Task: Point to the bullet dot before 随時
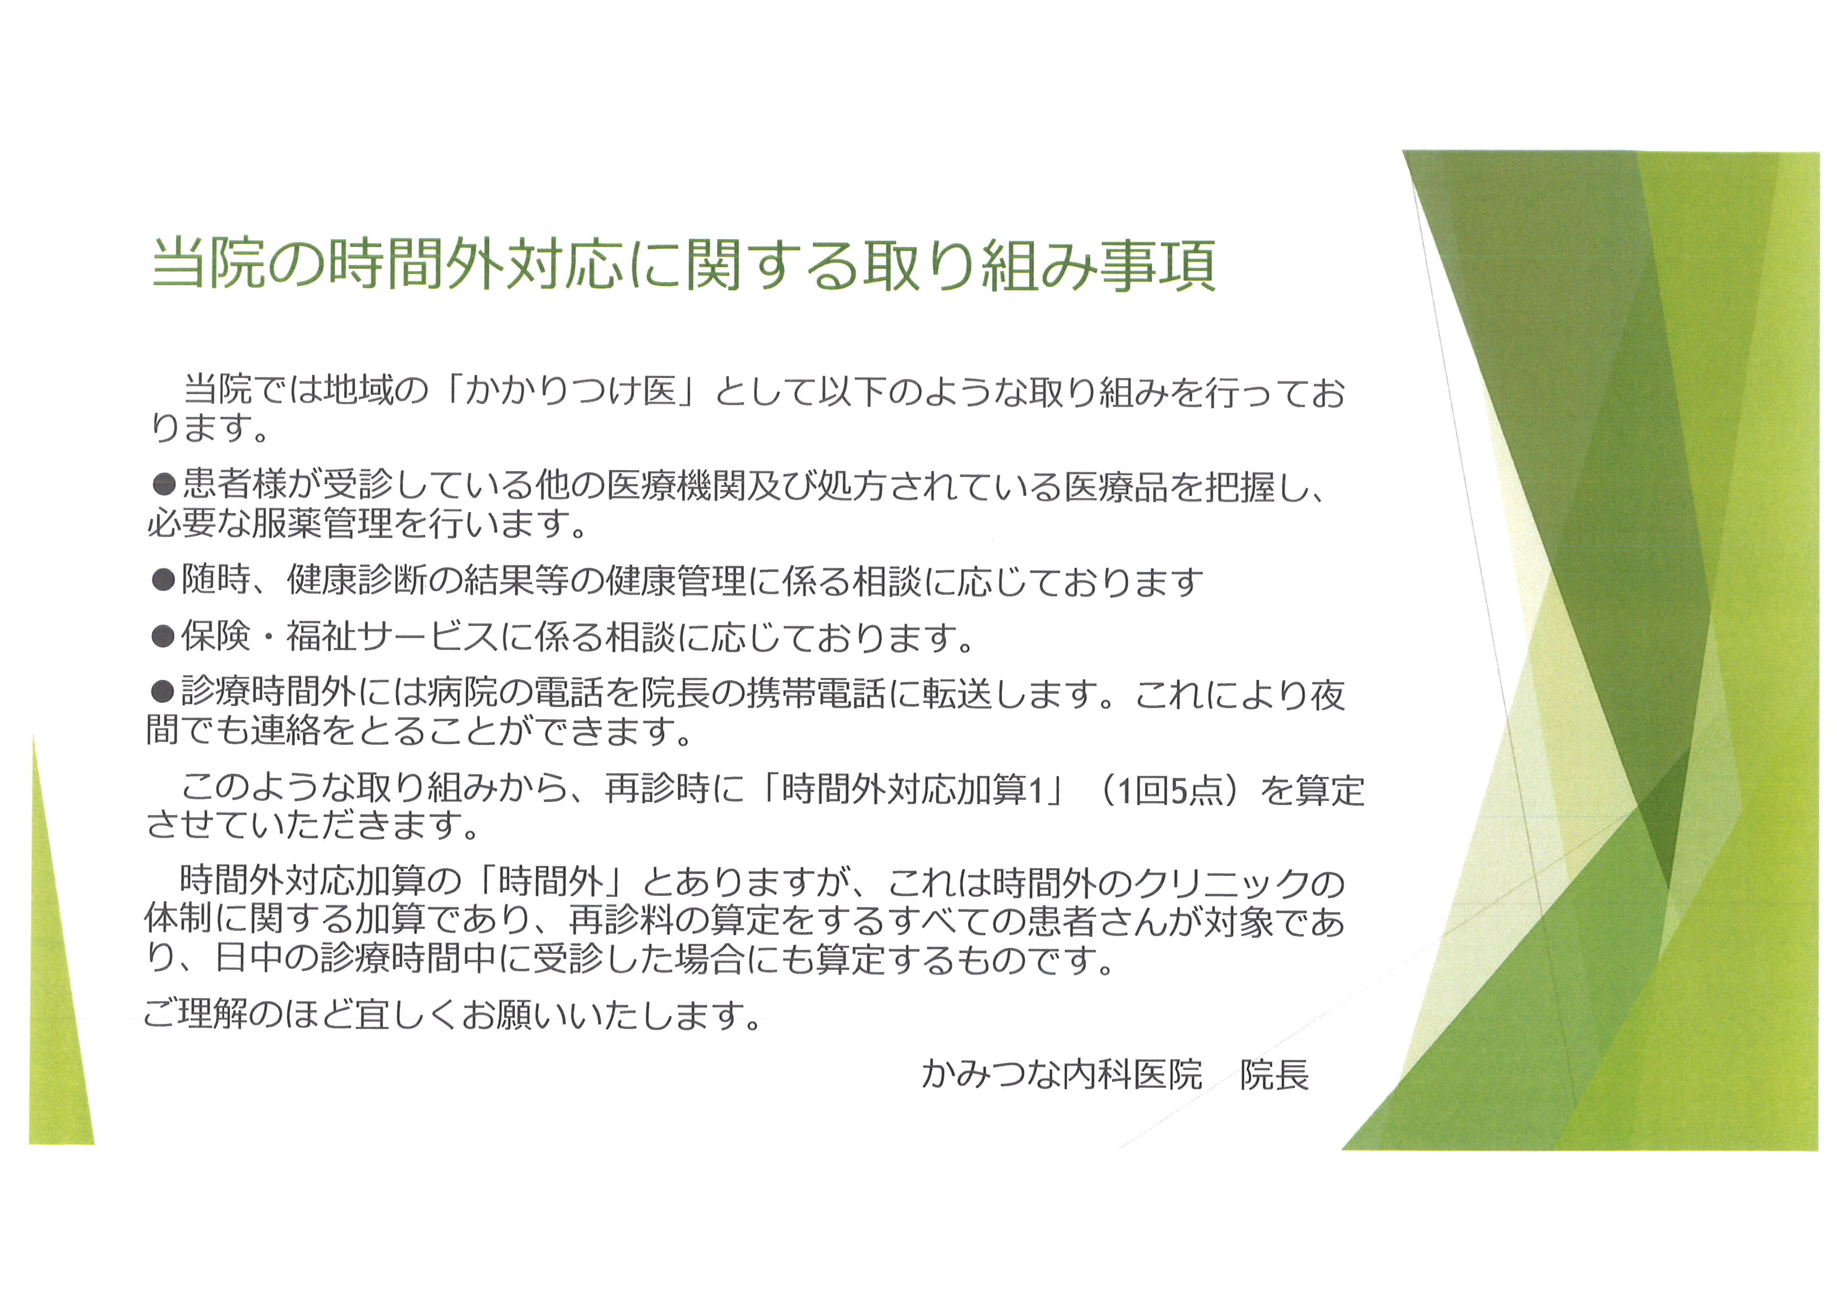click(163, 580)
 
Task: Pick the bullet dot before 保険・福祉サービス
click(163, 636)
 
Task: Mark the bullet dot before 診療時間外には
click(163, 691)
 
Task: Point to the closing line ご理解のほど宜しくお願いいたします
click(452, 1015)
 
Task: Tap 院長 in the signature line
click(1274, 1074)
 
